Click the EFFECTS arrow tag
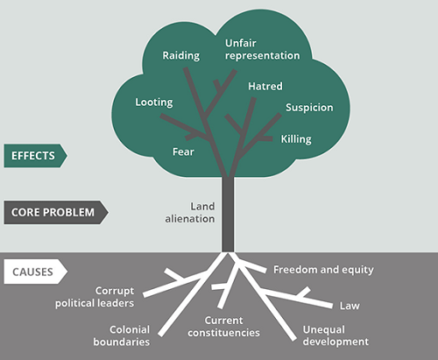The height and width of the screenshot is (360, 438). point(35,156)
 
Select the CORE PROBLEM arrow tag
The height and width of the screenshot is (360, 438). point(56,212)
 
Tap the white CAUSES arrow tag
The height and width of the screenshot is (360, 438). point(35,272)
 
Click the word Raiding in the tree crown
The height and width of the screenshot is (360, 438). point(181,55)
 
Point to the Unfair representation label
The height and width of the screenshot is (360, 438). point(262,49)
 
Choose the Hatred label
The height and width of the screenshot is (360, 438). point(265,86)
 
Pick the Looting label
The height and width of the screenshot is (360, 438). point(154,102)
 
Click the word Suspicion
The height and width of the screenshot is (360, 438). point(309,108)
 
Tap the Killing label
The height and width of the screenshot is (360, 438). point(296,139)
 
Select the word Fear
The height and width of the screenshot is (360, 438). point(183,152)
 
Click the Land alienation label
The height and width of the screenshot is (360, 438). point(190,213)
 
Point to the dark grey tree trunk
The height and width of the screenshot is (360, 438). point(228,215)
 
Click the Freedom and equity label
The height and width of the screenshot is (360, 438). point(323,270)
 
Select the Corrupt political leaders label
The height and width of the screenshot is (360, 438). point(95,297)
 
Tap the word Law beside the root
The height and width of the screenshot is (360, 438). point(350,306)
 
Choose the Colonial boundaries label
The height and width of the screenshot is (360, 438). point(122,335)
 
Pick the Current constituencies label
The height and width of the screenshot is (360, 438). point(223,327)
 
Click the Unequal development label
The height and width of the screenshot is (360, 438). point(336,335)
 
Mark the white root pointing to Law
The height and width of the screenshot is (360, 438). point(298,299)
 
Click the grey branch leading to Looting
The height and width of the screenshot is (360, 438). point(185,126)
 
